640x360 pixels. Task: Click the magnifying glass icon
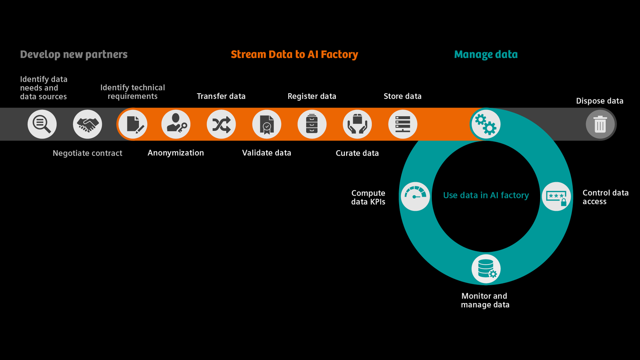[x=42, y=125]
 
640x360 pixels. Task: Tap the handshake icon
[x=88, y=125]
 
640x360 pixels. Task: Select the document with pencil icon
[x=133, y=125]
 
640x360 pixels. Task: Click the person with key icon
[x=176, y=125]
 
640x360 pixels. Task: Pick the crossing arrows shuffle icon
[x=221, y=125]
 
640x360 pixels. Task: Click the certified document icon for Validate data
[x=267, y=125]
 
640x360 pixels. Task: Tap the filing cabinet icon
[x=312, y=125]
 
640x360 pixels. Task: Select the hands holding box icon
[x=357, y=125]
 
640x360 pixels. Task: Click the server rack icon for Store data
[x=403, y=125]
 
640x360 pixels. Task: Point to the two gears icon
[x=486, y=125]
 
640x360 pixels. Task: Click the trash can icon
[x=600, y=125]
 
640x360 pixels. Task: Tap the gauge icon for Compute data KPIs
[x=415, y=196]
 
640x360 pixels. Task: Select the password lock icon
[x=556, y=196]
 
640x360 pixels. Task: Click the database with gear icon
[x=486, y=269]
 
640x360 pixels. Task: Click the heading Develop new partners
[x=74, y=55]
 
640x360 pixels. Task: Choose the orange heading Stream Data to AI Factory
[x=294, y=55]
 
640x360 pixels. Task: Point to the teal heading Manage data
[x=486, y=55]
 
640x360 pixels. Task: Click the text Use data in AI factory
[x=486, y=195]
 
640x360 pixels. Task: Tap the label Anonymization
[x=176, y=153]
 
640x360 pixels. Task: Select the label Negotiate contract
[x=88, y=153]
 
